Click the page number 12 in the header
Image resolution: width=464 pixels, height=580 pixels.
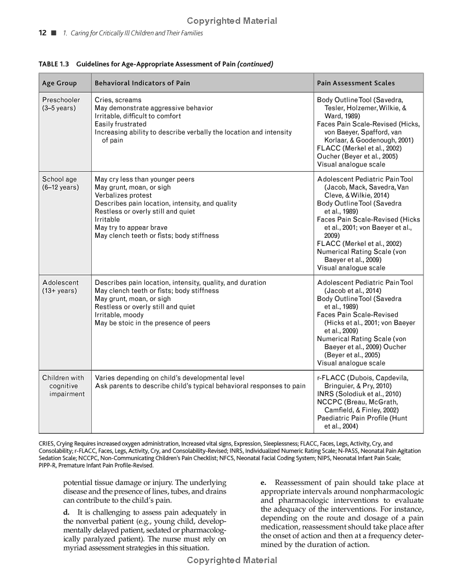pos(42,33)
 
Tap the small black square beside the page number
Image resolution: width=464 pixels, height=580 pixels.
pos(53,33)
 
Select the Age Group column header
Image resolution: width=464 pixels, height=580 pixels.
pos(59,83)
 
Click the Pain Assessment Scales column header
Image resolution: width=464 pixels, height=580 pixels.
pos(356,83)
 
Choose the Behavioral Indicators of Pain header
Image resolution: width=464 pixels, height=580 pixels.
pos(142,83)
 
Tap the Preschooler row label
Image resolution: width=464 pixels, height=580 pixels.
pos(61,100)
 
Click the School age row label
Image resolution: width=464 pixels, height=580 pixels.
pos(59,179)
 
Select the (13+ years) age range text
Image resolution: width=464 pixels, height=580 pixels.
pos(59,291)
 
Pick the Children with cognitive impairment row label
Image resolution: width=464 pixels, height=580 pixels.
pos(63,386)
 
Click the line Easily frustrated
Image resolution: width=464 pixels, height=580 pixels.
pos(121,124)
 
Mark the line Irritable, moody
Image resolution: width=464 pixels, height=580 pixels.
pos(119,315)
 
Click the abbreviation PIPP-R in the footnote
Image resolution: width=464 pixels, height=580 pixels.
pos(49,465)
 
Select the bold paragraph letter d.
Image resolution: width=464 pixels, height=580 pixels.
pos(66,512)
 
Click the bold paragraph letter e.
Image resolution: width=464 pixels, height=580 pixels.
pos(263,483)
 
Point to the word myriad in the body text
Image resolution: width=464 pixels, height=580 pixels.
pos(75,548)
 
